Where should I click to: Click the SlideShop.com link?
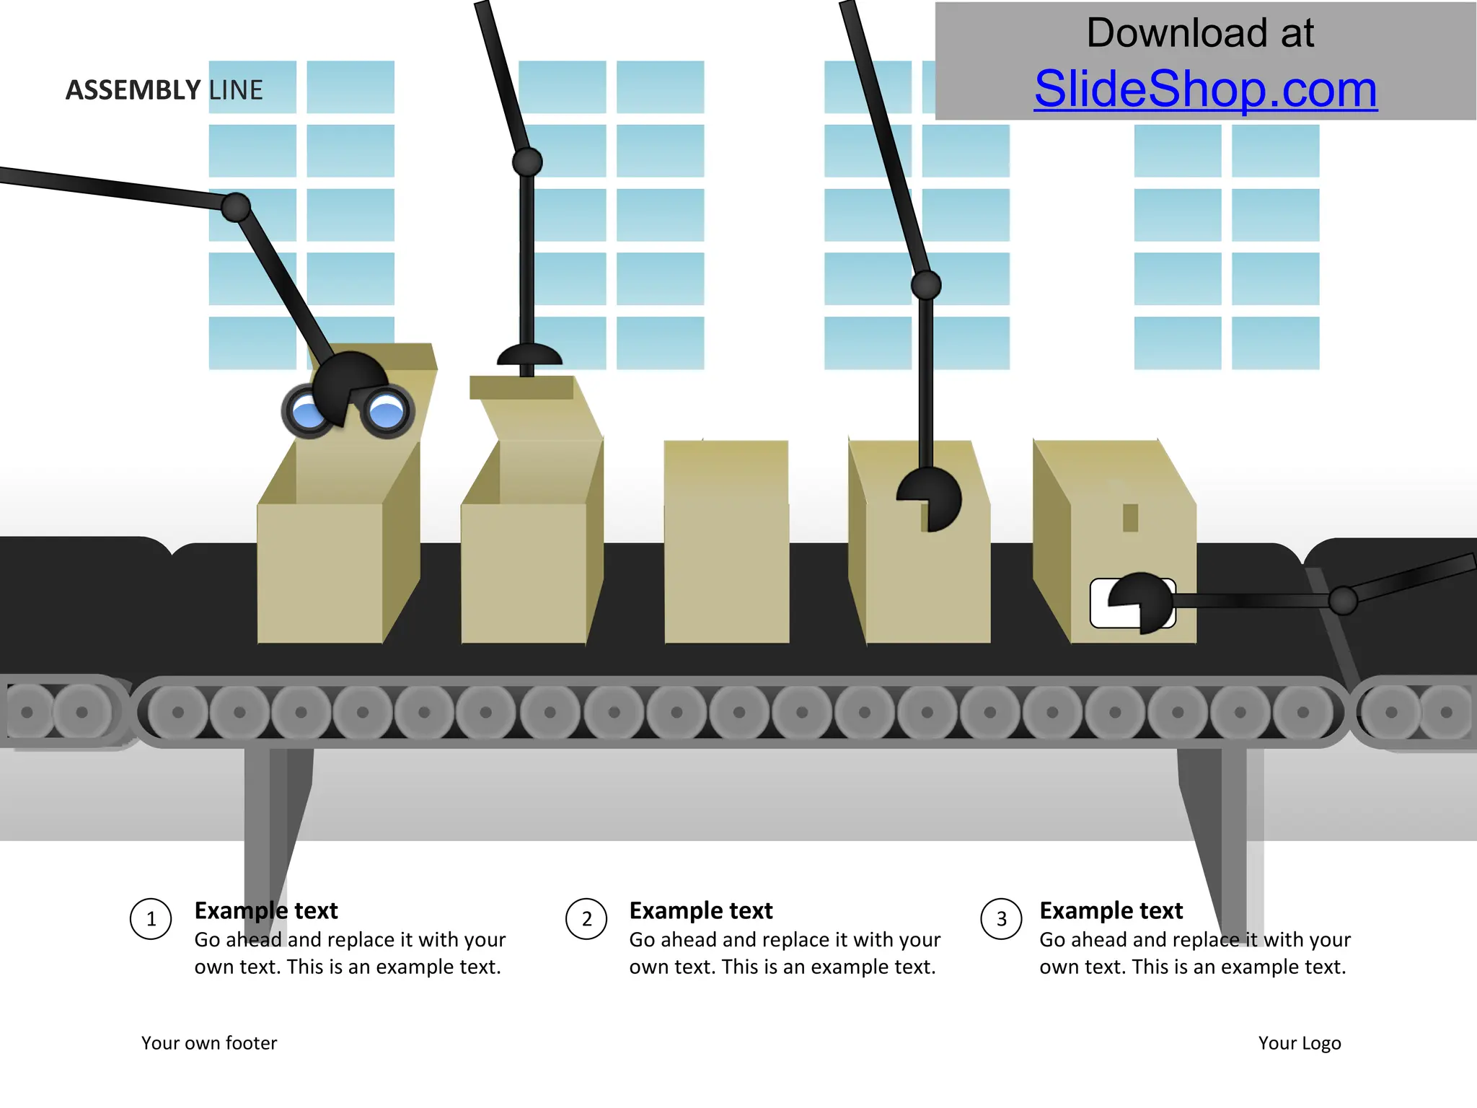pyautogui.click(x=1205, y=89)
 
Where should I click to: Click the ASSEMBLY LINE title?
pyautogui.click(x=164, y=90)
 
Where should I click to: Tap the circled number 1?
pyautogui.click(x=151, y=919)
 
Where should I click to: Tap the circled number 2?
pyautogui.click(x=586, y=919)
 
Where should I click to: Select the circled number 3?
pyautogui.click(x=1001, y=919)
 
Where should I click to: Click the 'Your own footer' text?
pyautogui.click(x=209, y=1043)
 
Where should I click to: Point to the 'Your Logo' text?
pyautogui.click(x=1300, y=1043)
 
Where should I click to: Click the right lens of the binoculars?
pyautogui.click(x=387, y=412)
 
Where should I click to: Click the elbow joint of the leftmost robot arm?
pyautogui.click(x=235, y=208)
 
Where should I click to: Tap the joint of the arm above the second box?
pyautogui.click(x=527, y=162)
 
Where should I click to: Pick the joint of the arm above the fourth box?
pyautogui.click(x=926, y=285)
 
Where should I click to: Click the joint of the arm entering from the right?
pyautogui.click(x=1343, y=600)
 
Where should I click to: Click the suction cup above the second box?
pyautogui.click(x=529, y=356)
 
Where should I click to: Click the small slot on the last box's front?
pyautogui.click(x=1130, y=517)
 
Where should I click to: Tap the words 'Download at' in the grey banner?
pyautogui.click(x=1200, y=33)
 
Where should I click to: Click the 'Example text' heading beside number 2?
pyautogui.click(x=700, y=910)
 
